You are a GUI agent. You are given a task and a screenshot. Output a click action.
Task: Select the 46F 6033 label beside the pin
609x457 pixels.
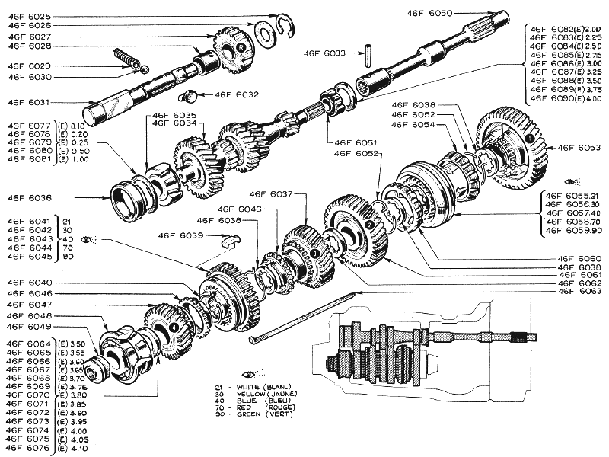(x=324, y=53)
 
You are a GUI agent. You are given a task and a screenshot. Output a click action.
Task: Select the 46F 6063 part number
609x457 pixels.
(x=579, y=292)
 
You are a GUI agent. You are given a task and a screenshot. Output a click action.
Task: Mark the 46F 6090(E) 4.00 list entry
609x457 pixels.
(x=566, y=98)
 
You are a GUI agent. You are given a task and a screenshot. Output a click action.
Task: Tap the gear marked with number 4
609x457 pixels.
(x=174, y=325)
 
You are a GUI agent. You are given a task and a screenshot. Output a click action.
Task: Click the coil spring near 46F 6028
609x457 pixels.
(x=126, y=58)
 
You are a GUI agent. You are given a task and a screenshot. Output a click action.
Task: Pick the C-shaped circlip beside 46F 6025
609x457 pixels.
(x=287, y=25)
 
